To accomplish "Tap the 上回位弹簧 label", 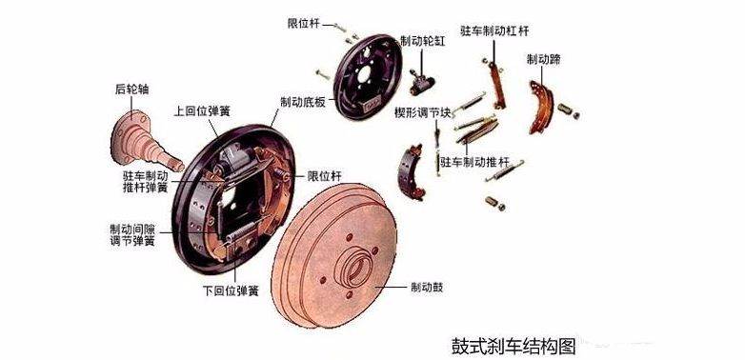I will coord(202,110).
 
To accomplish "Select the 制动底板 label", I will coord(303,102).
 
